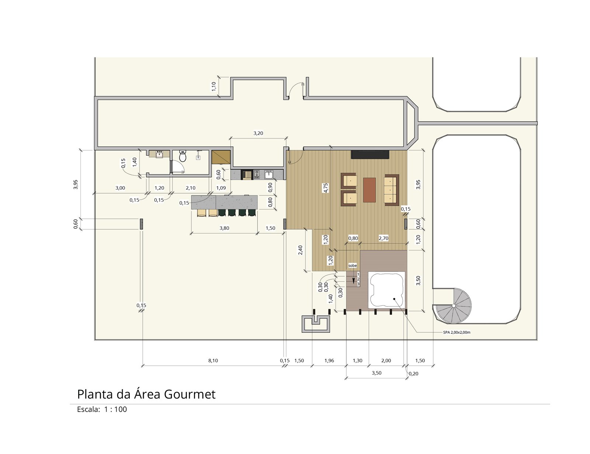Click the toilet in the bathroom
pyautogui.click(x=183, y=156)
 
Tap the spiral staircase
pyautogui.click(x=453, y=306)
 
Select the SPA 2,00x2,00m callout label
pyautogui.click(x=457, y=332)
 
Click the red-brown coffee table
pyautogui.click(x=369, y=190)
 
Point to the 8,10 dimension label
pyautogui.click(x=213, y=361)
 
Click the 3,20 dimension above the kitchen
pyautogui.click(x=258, y=133)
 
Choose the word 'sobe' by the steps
pyautogui.click(x=353, y=266)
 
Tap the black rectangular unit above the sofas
pyautogui.click(x=370, y=155)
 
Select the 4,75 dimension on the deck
pyautogui.click(x=326, y=188)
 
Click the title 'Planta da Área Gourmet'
pyautogui.click(x=146, y=394)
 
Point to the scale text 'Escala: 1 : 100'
pyautogui.click(x=102, y=409)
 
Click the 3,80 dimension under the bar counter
pyautogui.click(x=224, y=228)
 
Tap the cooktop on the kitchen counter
pyautogui.click(x=257, y=174)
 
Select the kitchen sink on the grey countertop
pyautogui.click(x=268, y=174)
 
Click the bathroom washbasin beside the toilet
pyautogui.click(x=159, y=154)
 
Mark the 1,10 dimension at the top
pyautogui.click(x=214, y=86)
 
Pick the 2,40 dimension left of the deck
pyautogui.click(x=300, y=250)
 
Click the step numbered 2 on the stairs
pyautogui.click(x=358, y=279)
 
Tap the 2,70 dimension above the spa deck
pyautogui.click(x=383, y=238)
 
